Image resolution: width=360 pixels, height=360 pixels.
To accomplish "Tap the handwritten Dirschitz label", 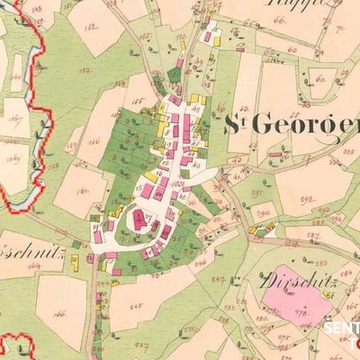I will [x=297, y=280].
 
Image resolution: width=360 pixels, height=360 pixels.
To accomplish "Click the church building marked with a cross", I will [x=139, y=219].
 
